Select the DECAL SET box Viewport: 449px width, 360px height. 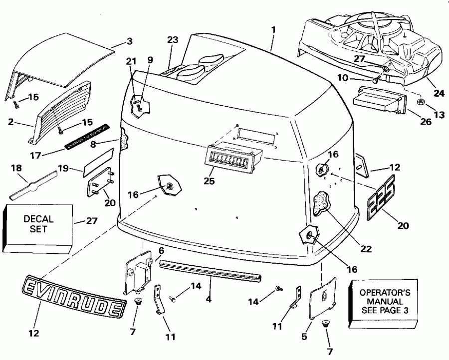(x=38, y=224)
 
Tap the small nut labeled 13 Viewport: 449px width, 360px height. (x=421, y=102)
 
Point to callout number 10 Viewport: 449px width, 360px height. (x=356, y=79)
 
